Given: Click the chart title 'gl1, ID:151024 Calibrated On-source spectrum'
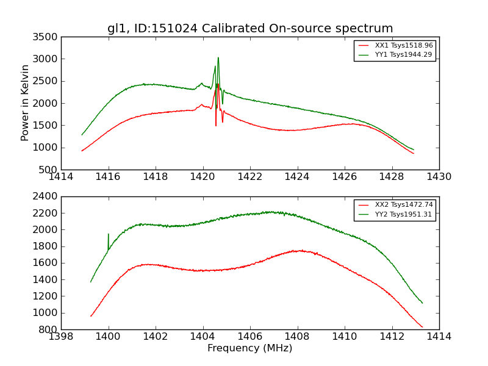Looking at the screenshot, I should coord(250,29).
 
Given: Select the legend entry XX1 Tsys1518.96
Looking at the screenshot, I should coord(403,46).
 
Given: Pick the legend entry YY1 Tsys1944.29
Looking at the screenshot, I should coord(403,55).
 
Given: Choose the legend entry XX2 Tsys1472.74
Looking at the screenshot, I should coord(403,205).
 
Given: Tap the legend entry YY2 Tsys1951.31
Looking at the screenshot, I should coord(403,214).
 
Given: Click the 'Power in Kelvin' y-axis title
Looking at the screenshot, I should coord(26,103).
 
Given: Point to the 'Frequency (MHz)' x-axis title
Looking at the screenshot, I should coord(250,348).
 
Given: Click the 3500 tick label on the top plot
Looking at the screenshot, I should coord(47,37).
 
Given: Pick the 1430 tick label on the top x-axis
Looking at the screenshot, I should coord(439,177).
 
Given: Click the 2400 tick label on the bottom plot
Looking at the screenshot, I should coord(47,197).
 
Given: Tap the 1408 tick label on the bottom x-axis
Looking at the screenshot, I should coord(298,337).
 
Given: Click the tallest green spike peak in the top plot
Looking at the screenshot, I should coord(218,58).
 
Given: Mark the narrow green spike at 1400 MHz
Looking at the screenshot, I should coord(109,234).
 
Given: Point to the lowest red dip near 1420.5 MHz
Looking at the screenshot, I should coord(216,126).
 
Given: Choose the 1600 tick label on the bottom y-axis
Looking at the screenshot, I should coord(47,264).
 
